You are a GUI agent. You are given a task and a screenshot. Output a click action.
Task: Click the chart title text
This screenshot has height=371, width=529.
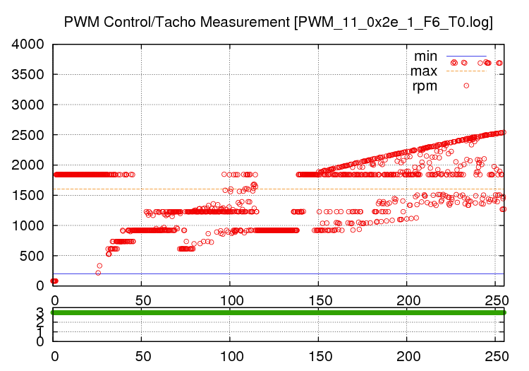click(278, 23)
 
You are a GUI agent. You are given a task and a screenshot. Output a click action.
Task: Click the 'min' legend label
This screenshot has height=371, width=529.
click(425, 56)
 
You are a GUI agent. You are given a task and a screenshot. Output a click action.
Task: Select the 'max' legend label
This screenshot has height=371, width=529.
click(424, 71)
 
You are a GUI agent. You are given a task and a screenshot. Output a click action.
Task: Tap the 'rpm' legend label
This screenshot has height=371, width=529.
click(425, 86)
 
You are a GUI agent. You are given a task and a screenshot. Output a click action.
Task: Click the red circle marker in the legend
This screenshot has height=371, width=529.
click(466, 86)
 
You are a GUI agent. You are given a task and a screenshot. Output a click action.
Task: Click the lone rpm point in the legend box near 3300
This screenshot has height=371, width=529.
click(466, 86)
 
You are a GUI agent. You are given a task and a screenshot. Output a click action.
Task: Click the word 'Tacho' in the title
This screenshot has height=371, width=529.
click(176, 23)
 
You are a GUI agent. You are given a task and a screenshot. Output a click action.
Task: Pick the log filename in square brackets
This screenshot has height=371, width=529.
click(393, 23)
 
